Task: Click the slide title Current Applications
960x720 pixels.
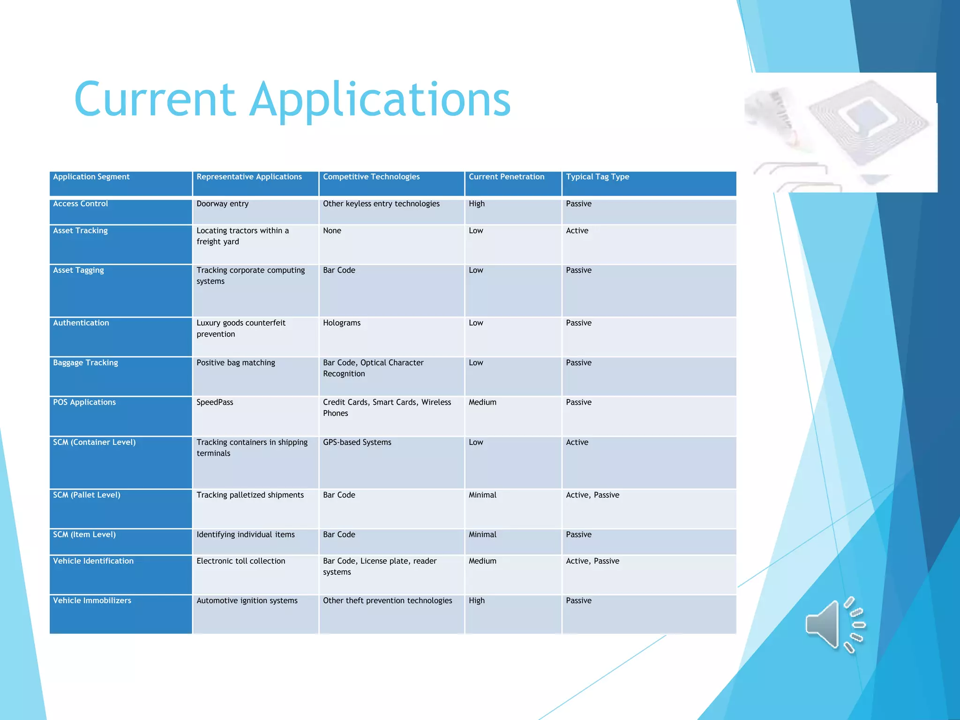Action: (x=292, y=99)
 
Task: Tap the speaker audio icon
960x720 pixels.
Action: (x=835, y=625)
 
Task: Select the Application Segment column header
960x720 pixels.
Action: (x=91, y=177)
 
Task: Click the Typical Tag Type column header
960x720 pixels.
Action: (x=597, y=177)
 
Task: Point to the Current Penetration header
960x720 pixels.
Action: (x=506, y=177)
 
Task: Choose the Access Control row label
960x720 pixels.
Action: (x=81, y=204)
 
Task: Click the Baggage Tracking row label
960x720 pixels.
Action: (x=85, y=363)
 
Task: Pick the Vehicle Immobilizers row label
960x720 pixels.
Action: (x=92, y=601)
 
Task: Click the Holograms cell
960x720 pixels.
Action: (x=342, y=323)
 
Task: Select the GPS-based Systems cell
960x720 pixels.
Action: (x=357, y=442)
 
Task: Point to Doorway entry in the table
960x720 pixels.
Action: (x=223, y=204)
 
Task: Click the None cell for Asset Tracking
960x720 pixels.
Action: (x=332, y=231)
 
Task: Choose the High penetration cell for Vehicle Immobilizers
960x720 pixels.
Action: (x=477, y=601)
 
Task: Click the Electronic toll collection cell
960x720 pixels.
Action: (x=240, y=561)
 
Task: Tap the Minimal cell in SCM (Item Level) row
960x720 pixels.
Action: (x=482, y=535)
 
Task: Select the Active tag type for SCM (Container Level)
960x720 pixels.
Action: (x=577, y=442)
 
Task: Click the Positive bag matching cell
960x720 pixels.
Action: (x=236, y=363)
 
